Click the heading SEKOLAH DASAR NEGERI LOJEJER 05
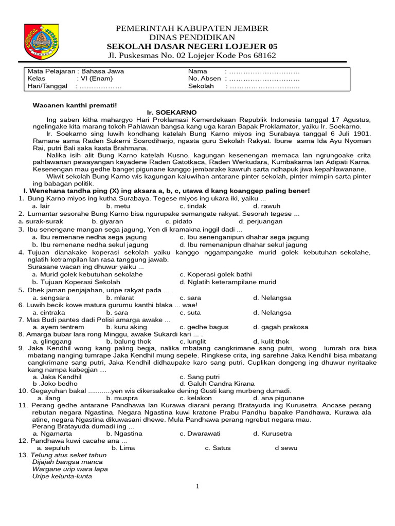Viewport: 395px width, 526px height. click(192, 46)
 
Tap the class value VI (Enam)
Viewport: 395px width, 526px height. click(95, 79)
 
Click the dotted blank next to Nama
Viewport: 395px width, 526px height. click(264, 71)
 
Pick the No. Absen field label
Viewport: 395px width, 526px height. click(204, 79)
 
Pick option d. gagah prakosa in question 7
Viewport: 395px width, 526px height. click(280, 327)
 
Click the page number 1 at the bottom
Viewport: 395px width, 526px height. click(197, 486)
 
